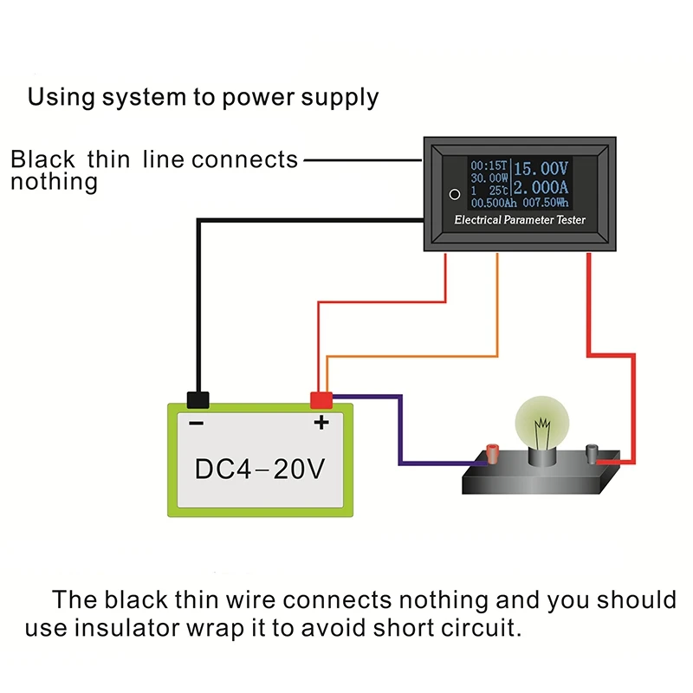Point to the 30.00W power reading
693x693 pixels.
(489, 178)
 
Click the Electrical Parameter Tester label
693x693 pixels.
(520, 220)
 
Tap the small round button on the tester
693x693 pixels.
(453, 194)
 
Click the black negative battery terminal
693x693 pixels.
(198, 399)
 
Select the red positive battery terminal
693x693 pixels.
(322, 399)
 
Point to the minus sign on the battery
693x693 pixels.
(197, 423)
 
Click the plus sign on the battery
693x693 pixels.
(321, 423)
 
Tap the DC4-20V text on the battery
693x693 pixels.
(259, 470)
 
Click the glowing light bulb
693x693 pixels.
(543, 424)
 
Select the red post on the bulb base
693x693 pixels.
(493, 452)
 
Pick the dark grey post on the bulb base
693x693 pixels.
(593, 452)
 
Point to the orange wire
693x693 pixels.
(498, 312)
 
